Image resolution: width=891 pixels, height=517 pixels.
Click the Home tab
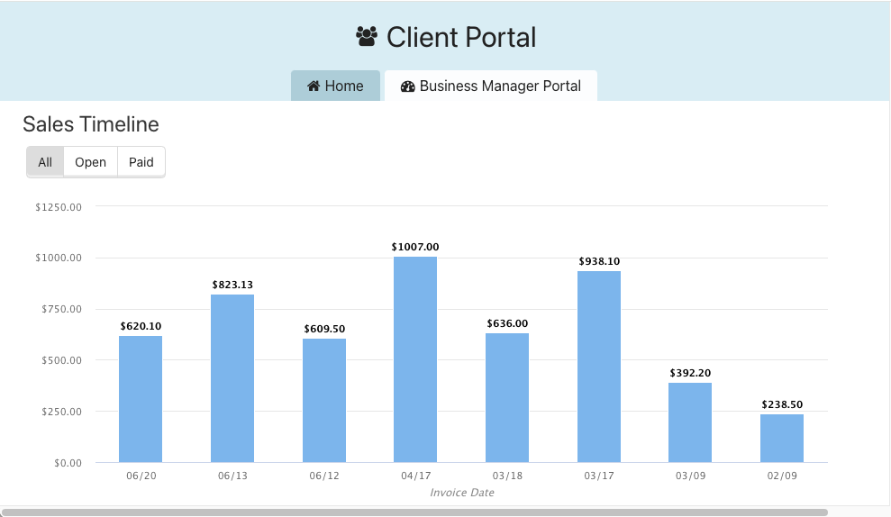coord(335,86)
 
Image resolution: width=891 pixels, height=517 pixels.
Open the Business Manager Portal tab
coord(491,86)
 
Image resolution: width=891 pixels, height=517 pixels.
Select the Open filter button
coord(90,162)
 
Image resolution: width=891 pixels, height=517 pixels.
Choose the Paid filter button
coord(141,162)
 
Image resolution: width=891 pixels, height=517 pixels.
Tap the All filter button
coord(45,162)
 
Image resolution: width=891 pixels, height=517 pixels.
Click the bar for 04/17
coord(415,359)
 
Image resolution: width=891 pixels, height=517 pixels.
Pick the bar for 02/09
coord(782,439)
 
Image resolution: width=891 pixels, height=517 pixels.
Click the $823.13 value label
coord(232,285)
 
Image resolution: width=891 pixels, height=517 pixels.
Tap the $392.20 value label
coord(691,373)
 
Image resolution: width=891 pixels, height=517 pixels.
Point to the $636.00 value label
coord(507,323)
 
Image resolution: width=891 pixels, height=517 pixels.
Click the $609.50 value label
coord(324,329)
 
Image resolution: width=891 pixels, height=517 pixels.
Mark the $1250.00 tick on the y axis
coord(59,207)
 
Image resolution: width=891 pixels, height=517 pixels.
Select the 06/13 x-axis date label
coord(232,476)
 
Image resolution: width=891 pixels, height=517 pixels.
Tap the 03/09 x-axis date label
coord(690,476)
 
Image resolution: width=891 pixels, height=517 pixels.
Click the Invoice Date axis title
coord(462,493)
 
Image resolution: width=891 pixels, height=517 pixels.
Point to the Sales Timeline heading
coord(91,124)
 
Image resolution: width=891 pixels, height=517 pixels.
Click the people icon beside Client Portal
coord(367,37)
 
